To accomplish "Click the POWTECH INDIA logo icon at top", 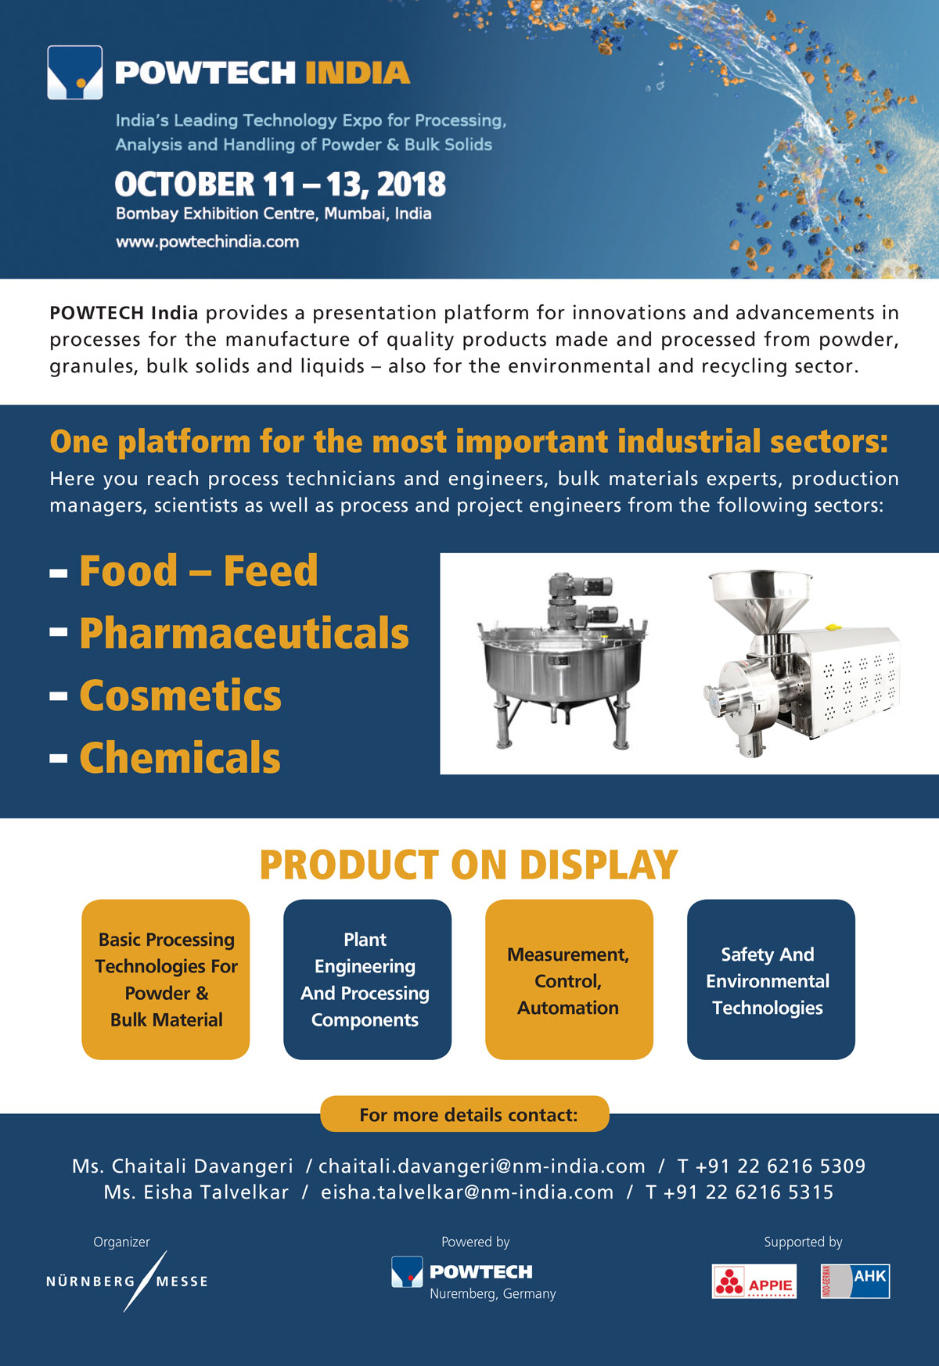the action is click(75, 73).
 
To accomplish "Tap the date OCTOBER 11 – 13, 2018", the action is click(280, 185).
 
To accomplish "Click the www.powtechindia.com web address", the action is click(207, 242).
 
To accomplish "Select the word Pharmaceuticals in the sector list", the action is click(244, 633).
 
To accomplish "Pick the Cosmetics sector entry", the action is click(180, 696).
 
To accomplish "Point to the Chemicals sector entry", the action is click(180, 757).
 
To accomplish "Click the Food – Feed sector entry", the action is click(199, 570).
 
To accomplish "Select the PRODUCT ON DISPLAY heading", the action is click(468, 865).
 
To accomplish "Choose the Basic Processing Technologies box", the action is click(166, 980).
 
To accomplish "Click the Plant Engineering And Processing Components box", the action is click(367, 980).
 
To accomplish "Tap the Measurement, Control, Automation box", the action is click(569, 980).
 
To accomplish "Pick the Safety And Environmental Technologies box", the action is click(771, 980).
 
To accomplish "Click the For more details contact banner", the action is click(465, 1114).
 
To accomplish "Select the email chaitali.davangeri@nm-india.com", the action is click(482, 1166).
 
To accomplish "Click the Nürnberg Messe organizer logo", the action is click(127, 1282).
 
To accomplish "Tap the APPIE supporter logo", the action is click(754, 1282).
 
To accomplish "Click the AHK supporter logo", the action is click(855, 1282).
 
